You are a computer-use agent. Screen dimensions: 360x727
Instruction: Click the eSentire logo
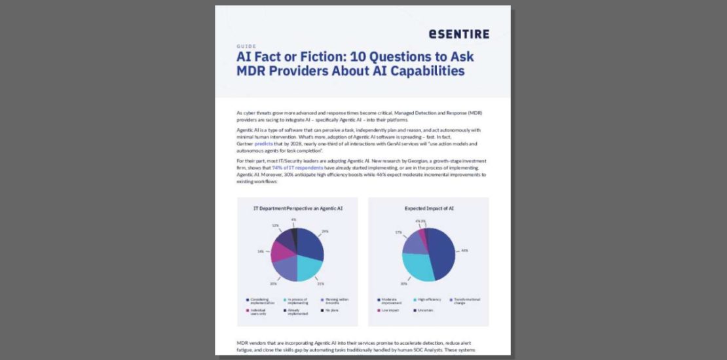458,33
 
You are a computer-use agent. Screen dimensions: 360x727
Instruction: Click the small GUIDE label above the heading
246,46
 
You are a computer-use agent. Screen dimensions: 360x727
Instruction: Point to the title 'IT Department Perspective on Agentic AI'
298,208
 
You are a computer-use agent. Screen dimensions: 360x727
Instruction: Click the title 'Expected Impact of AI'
428,208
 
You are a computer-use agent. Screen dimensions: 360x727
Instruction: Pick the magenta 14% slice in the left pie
282,251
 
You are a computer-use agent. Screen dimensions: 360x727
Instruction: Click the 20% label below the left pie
272,283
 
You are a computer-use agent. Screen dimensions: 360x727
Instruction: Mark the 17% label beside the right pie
398,232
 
